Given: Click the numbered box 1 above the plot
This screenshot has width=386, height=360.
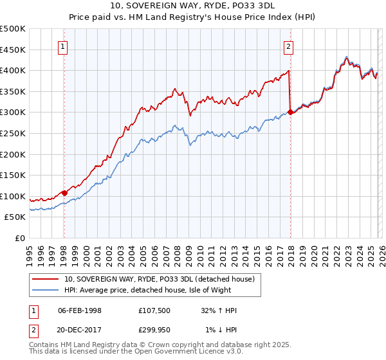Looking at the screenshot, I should pos(64,46).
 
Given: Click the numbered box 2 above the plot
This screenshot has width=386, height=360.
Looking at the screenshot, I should pos(289,46).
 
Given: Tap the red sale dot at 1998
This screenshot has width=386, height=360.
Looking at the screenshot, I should pos(64,192).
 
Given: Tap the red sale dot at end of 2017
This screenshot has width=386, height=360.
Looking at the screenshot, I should pos(290,112).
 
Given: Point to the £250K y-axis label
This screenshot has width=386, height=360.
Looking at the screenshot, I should pos(13,133).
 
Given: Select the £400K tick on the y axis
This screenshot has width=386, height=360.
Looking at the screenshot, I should pos(13,70).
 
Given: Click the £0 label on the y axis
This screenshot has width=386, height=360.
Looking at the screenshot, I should pos(20,238).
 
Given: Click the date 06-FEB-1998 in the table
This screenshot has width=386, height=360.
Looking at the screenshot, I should pos(80,310).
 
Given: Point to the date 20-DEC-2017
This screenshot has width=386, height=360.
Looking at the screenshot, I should pos(80,330).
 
